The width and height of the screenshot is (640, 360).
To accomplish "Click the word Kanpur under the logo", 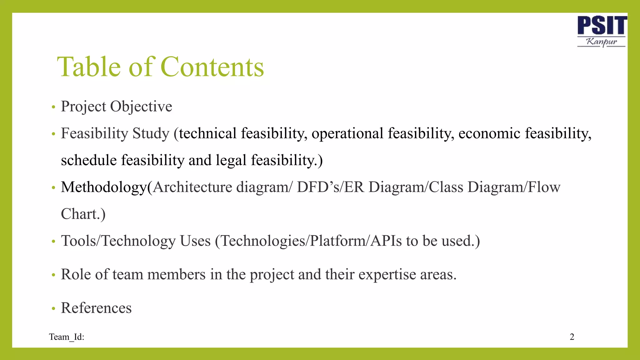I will click(602, 42).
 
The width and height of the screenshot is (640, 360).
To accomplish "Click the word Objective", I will click(141, 107).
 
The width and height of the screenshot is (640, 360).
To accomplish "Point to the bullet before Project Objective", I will click(53, 107).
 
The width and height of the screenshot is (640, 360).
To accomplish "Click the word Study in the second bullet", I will click(151, 134).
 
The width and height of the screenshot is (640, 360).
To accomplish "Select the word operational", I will click(347, 134).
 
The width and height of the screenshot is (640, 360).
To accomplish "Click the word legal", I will click(231, 160).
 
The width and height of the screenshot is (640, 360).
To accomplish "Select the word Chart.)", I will click(83, 214).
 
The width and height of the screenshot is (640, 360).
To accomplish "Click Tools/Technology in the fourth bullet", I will click(118, 241).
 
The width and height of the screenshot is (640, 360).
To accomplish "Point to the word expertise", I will click(387, 275).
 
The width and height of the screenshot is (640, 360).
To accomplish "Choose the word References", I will click(96, 308).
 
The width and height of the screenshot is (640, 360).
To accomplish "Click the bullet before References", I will click(53, 309).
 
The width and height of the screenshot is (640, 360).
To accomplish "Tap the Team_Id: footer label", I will click(67, 337).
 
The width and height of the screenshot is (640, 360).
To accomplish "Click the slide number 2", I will click(572, 337).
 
